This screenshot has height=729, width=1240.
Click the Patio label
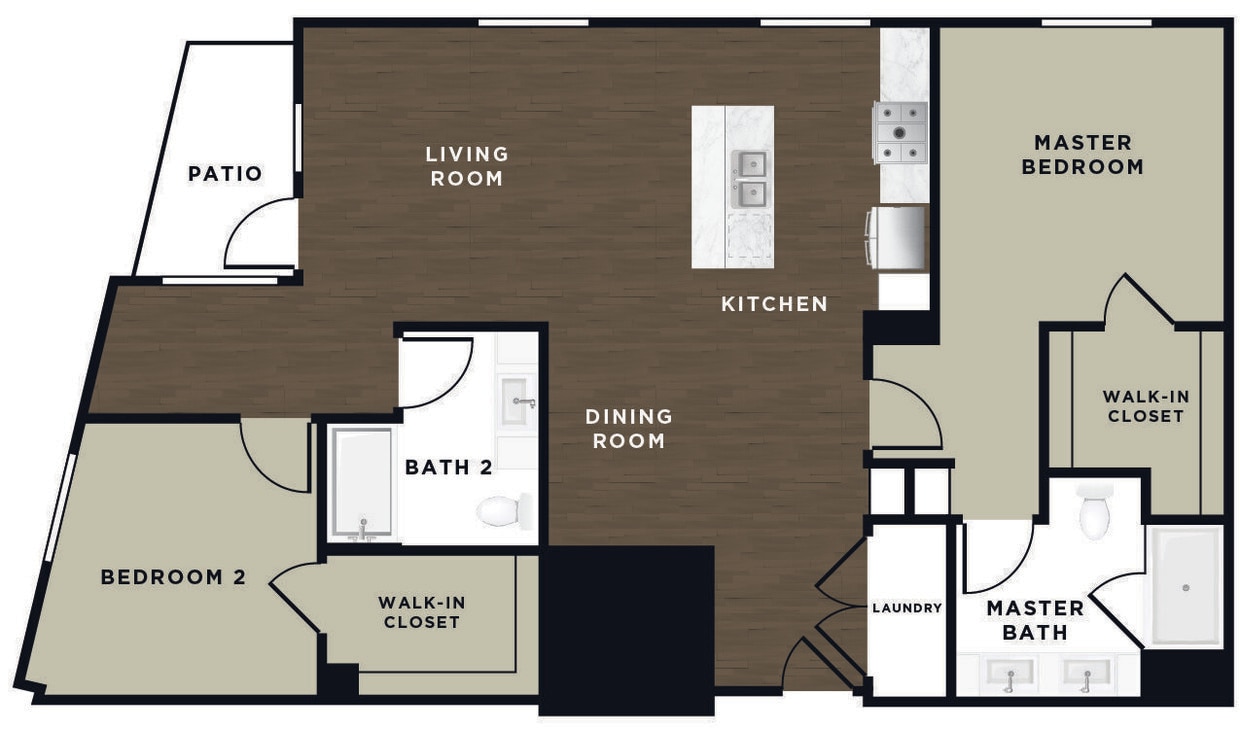[x=225, y=174]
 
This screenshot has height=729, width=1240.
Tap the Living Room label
[x=467, y=166]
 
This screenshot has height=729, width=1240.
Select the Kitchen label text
[x=774, y=304]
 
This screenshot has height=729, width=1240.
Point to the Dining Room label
[x=629, y=427]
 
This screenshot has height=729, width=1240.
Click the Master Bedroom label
[x=1082, y=155]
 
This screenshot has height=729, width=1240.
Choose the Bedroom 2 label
[x=173, y=577]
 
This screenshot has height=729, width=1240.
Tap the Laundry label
[x=907, y=608]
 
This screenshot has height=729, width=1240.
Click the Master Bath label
[x=1035, y=620]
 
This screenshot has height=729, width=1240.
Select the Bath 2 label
[x=449, y=467]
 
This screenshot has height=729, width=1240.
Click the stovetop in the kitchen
[x=900, y=132]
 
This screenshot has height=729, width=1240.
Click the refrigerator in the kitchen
[x=899, y=237]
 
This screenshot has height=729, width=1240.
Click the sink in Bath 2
[x=518, y=402]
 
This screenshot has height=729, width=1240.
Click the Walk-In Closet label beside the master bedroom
[x=1145, y=405]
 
